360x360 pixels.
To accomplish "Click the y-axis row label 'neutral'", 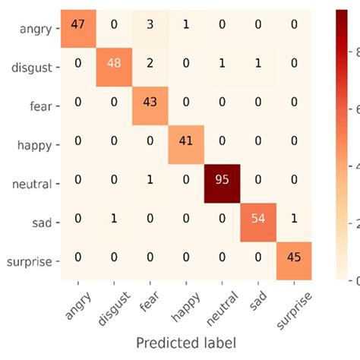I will coord(32,184).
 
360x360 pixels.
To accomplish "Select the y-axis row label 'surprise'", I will coord(28,262).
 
